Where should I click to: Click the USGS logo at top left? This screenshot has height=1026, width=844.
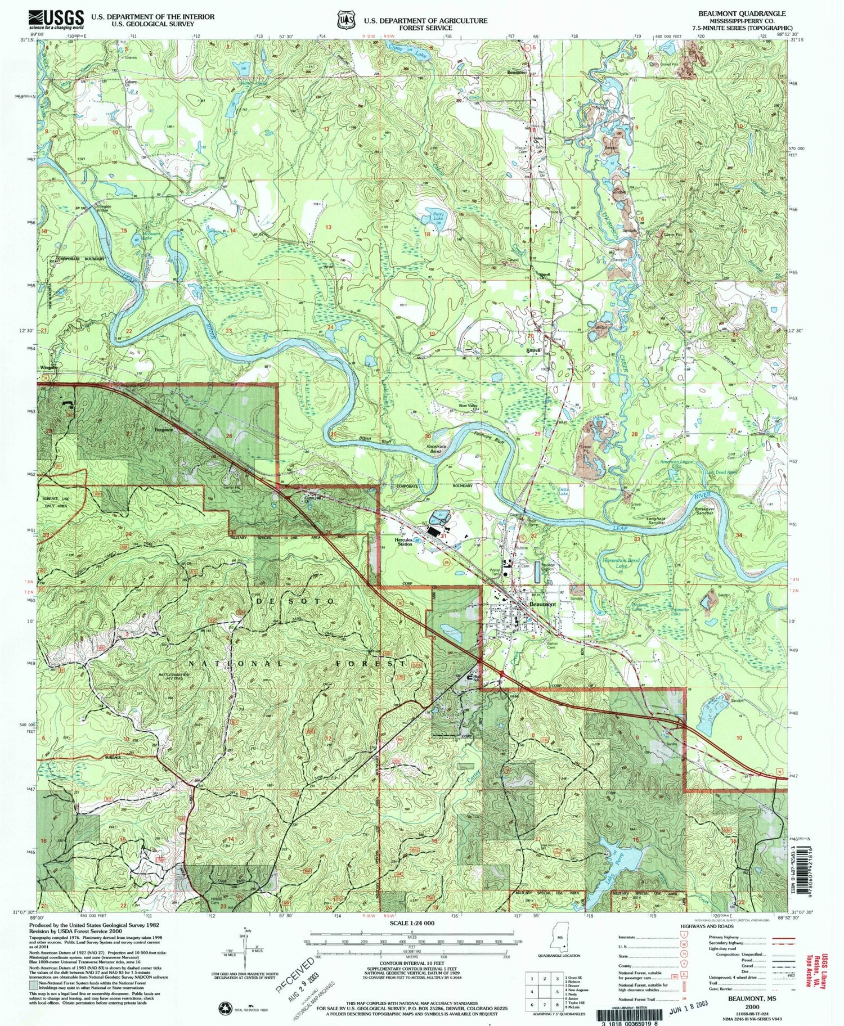pyautogui.click(x=56, y=20)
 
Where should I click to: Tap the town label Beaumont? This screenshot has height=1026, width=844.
pyautogui.click(x=542, y=604)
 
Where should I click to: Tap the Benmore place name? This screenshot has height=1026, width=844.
pyautogui.click(x=516, y=72)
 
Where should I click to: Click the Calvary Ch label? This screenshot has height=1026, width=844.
pyautogui.click(x=130, y=83)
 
